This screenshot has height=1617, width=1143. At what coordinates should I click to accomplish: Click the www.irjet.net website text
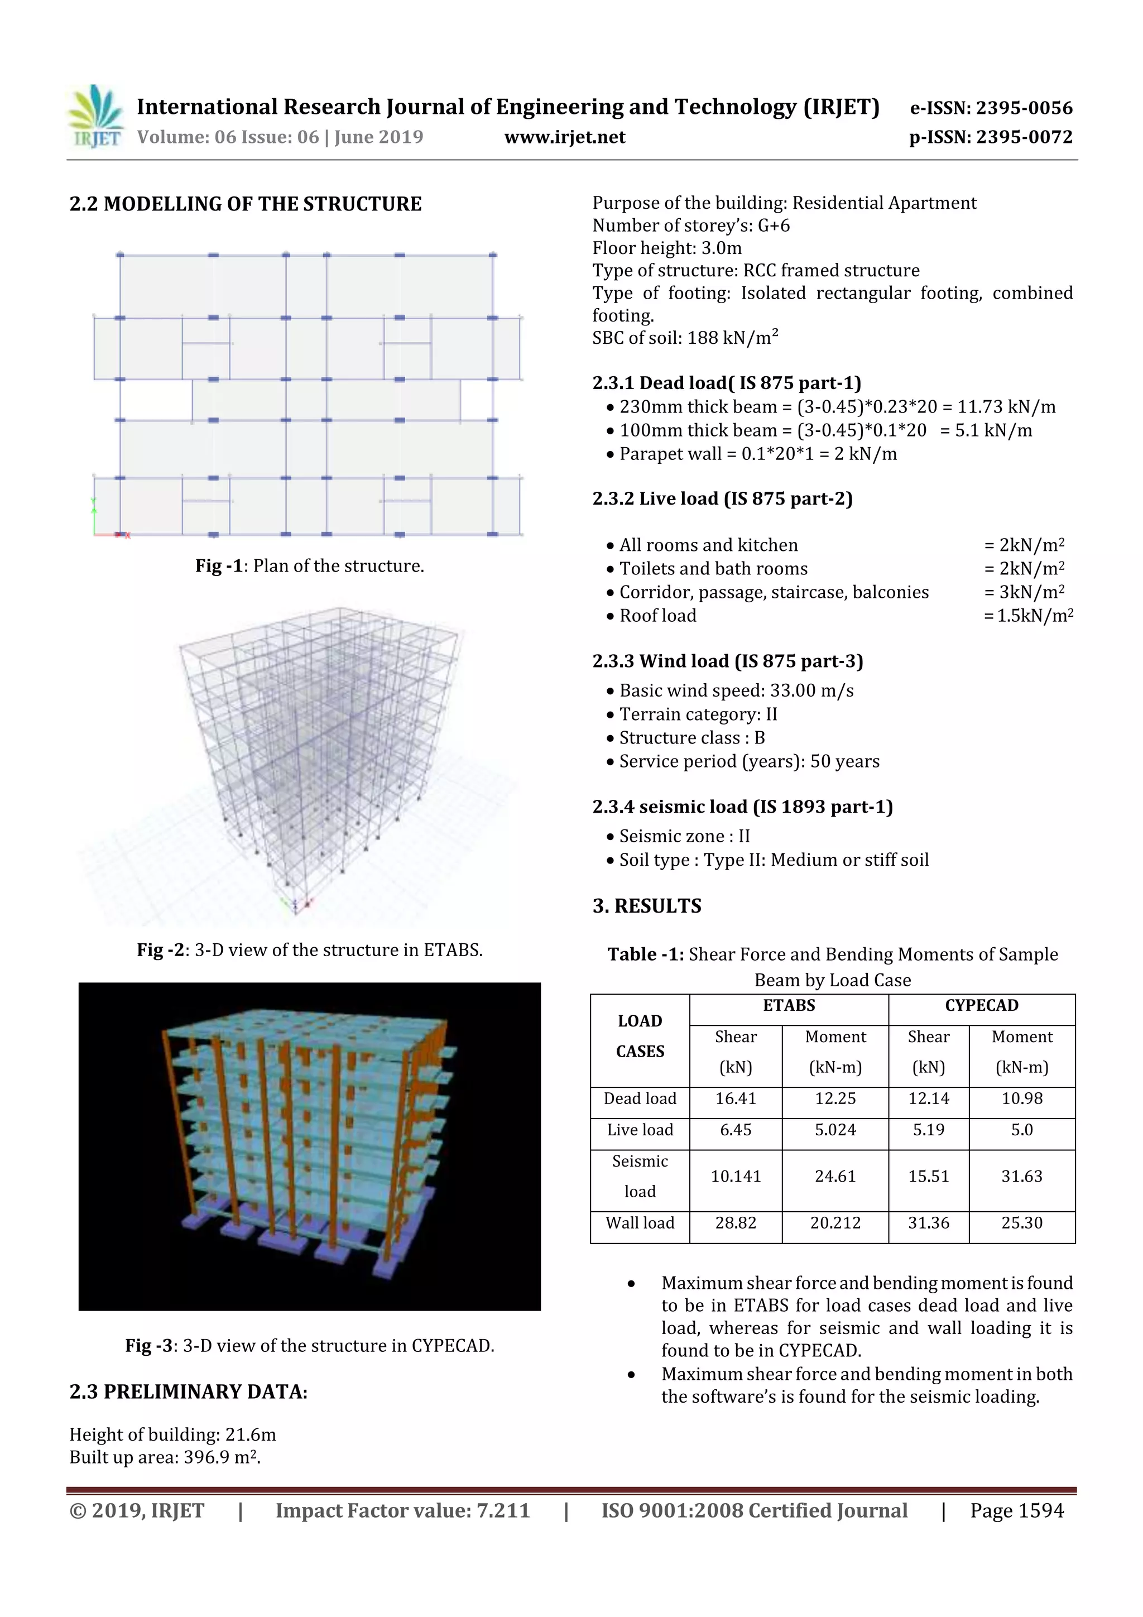564,137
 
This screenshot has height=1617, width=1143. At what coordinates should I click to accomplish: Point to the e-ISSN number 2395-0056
991,108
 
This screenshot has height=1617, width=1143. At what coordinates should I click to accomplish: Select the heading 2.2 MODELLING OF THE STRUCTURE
245,204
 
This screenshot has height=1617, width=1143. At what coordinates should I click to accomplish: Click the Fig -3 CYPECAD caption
309,1345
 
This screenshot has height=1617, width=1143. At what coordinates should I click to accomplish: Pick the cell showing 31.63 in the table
1021,1176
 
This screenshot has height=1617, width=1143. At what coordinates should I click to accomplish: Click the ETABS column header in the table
788,1006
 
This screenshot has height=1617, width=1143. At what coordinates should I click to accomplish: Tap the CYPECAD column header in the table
981,1006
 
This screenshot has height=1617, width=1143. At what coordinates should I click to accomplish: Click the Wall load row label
640,1223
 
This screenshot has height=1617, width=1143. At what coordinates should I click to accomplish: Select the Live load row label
640,1130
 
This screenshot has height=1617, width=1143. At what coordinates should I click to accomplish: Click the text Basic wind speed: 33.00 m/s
736,691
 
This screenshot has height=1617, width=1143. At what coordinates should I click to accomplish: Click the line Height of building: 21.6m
172,1434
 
